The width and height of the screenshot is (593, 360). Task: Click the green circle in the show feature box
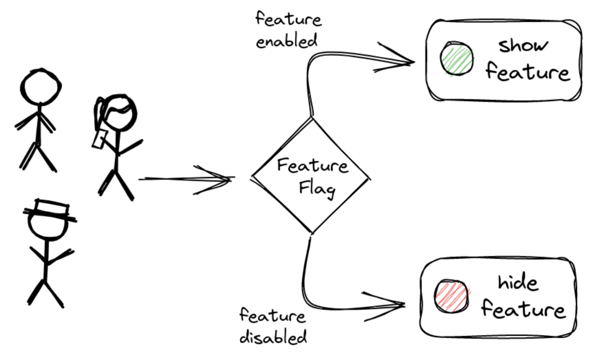456,59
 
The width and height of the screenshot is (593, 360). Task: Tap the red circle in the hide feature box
451,296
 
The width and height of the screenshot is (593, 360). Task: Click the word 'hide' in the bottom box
518,283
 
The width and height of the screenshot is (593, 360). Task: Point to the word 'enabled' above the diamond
287,41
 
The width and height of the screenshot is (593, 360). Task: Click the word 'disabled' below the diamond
273,337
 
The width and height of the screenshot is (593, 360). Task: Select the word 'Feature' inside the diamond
312,166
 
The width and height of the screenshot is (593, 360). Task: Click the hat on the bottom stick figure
50,210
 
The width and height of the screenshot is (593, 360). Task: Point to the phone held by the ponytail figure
99,139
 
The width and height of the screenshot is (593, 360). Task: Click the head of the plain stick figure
41,86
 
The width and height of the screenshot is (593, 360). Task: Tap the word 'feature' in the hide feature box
523,309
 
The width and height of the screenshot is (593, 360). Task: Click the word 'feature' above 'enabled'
288,19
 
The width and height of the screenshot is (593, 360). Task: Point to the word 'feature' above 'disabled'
272,315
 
